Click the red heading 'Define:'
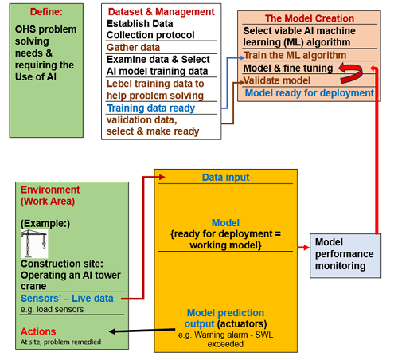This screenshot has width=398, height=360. click(46, 12)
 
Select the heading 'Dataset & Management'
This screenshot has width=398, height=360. click(161, 12)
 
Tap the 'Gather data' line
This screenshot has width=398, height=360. click(133, 48)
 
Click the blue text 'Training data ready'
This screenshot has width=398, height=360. click(150, 108)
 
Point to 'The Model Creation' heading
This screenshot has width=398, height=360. click(310, 18)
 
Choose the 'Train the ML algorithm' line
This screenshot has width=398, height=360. click(295, 55)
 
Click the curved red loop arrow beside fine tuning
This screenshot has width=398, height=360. click(351, 72)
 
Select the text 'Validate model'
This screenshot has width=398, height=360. click(277, 80)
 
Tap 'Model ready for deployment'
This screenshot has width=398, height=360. click(310, 93)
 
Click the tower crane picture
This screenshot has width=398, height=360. click(34, 244)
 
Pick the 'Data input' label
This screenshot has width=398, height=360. click(225, 178)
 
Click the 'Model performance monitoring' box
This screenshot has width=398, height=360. click(345, 256)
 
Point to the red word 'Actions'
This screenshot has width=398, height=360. click(38, 331)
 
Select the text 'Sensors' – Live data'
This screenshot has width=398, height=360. click(67, 299)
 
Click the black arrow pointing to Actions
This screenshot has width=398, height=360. click(142, 331)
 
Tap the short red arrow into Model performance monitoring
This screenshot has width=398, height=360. click(303, 248)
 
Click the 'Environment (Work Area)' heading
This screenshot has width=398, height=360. click(50, 195)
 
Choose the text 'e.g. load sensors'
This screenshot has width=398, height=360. click(52, 309)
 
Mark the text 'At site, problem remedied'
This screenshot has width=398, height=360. click(60, 342)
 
